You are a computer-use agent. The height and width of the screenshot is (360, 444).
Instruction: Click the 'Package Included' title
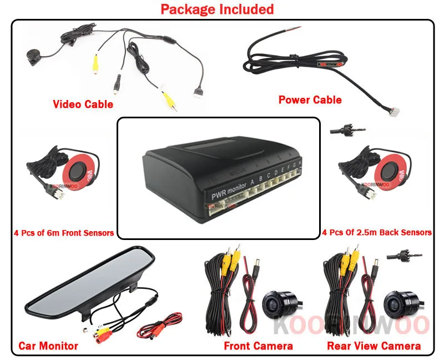click(x=217, y=9)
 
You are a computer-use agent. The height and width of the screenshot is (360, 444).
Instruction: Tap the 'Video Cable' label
click(x=83, y=104)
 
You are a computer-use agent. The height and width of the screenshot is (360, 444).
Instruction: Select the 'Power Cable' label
click(x=310, y=100)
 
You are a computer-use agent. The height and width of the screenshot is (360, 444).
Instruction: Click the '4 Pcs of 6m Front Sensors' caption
click(x=63, y=233)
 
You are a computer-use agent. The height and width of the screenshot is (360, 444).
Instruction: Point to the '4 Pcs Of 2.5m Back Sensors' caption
click(x=377, y=232)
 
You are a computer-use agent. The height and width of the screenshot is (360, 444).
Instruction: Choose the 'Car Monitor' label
click(x=48, y=346)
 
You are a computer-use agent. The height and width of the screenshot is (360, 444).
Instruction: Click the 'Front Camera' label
click(x=258, y=346)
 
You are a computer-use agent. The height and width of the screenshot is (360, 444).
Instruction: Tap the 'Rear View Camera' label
click(x=374, y=346)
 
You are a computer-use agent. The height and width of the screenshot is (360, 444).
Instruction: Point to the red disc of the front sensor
click(x=84, y=169)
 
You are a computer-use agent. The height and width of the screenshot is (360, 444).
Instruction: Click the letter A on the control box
click(x=253, y=181)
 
